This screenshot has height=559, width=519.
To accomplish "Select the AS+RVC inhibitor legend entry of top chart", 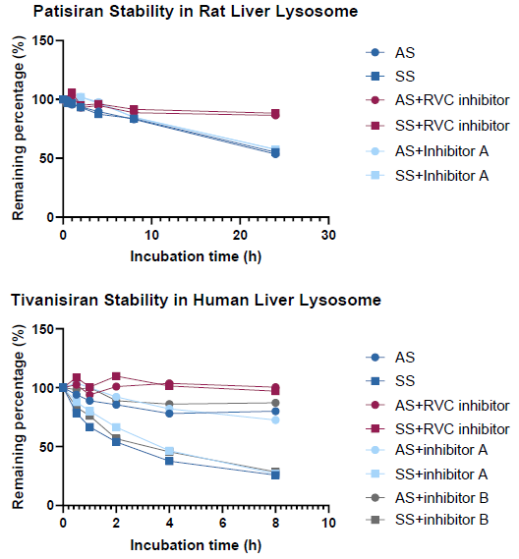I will (x=451, y=100).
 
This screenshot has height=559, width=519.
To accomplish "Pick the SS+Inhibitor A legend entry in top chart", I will (x=441, y=175).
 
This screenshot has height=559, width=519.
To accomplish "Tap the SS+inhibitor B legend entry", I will (x=441, y=519).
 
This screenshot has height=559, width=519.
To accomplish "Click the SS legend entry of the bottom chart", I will (x=404, y=380).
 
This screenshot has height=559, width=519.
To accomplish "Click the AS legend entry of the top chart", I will (x=404, y=52).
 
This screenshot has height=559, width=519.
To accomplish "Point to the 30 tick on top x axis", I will (x=329, y=236).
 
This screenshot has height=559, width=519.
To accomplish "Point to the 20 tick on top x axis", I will (x=240, y=236).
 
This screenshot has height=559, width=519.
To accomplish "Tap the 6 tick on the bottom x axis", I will (x=222, y=524).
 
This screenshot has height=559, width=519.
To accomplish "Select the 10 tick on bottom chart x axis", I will (x=329, y=524).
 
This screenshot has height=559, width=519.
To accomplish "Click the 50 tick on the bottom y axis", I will (x=44, y=446).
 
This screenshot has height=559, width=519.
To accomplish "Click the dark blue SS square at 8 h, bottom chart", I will (x=275, y=475).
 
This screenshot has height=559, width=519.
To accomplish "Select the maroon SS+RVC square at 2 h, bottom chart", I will (x=116, y=376).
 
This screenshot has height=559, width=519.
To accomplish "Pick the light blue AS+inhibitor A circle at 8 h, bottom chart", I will (x=275, y=419).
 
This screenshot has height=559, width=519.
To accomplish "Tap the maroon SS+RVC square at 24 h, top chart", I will (x=275, y=114).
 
